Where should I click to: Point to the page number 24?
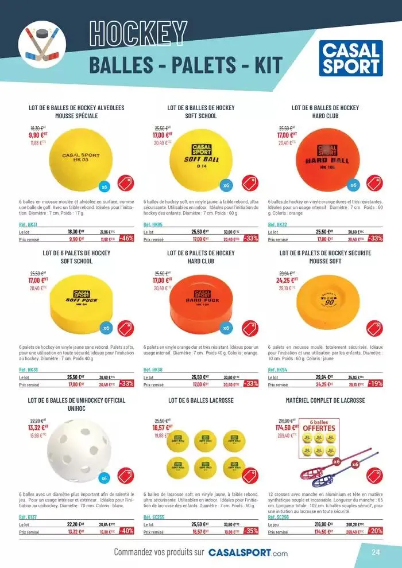(376, 553)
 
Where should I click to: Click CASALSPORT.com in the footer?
(248, 553)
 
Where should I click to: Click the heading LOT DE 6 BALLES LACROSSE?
(201, 400)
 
